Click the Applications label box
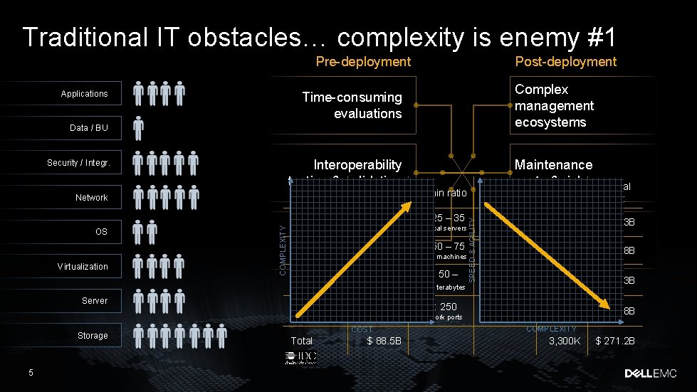tap(84, 94)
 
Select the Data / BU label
tap(89, 128)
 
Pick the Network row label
tap(92, 198)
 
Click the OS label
tap(101, 232)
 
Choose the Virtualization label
tap(83, 267)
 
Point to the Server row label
tap(95, 301)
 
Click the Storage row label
tap(93, 336)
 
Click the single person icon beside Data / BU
tap(139, 128)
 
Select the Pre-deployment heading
tap(363, 62)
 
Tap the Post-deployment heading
tap(565, 62)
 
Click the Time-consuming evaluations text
tap(352, 105)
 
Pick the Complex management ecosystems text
tap(554, 105)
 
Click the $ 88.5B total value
tap(384, 341)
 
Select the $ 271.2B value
tap(615, 341)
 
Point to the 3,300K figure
tap(565, 341)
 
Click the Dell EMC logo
tap(654, 373)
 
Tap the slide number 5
tap(31, 372)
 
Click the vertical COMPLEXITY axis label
tap(283, 250)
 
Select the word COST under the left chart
tap(362, 329)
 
